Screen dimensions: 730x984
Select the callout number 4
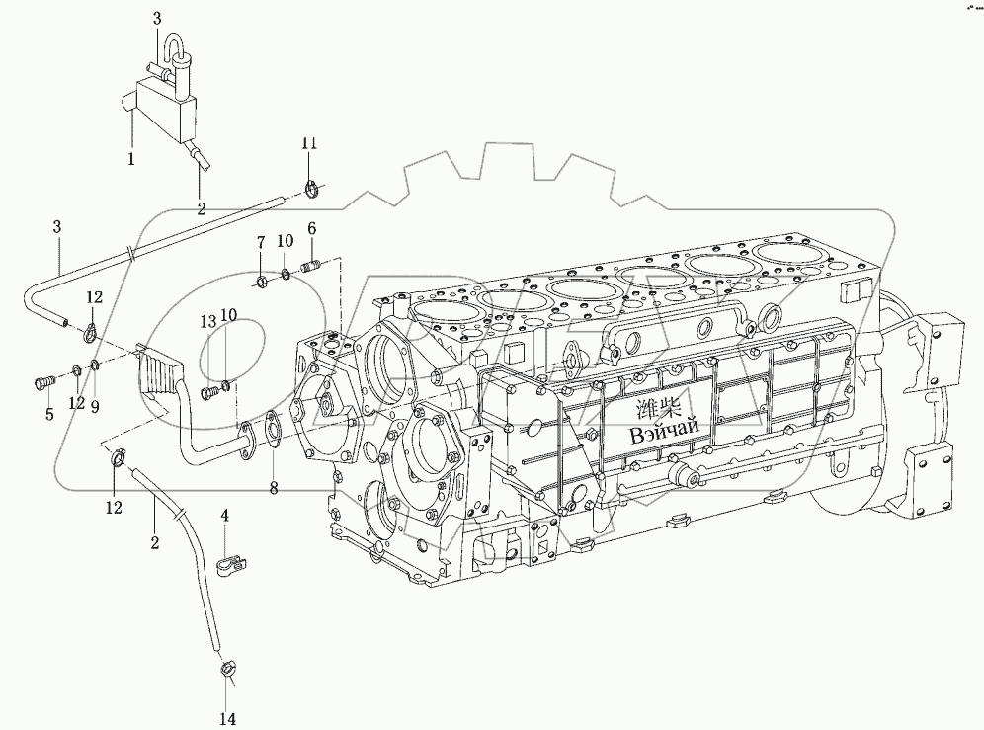tap(224, 516)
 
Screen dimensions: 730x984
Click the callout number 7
tap(261, 243)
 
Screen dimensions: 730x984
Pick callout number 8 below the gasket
tap(274, 487)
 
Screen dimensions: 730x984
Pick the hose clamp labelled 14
tap(225, 671)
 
